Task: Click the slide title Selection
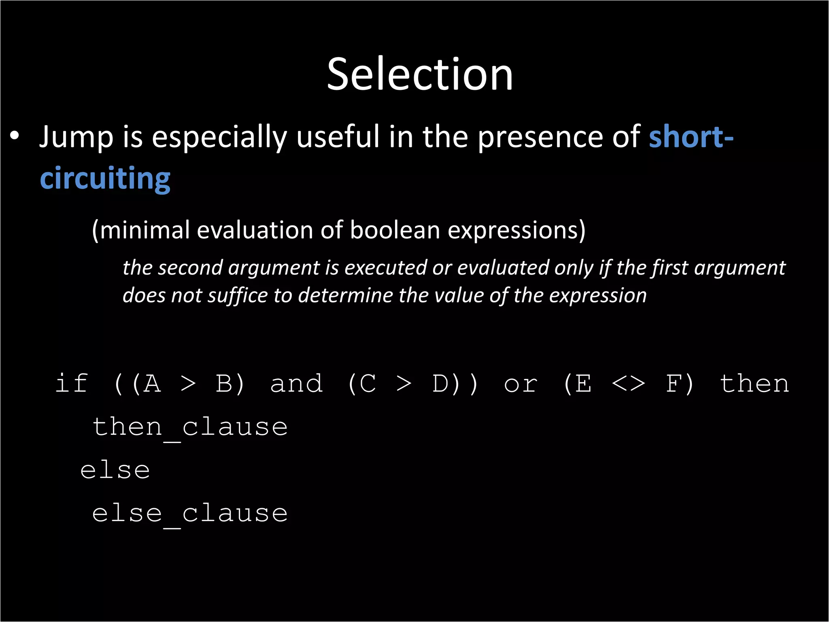[420, 75]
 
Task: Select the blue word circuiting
[105, 178]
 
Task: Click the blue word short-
[691, 137]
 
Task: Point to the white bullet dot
[15, 136]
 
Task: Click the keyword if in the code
[71, 383]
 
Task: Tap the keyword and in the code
[296, 383]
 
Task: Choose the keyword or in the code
[521, 383]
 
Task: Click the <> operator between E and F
[628, 383]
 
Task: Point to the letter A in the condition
[152, 383]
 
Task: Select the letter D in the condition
[440, 383]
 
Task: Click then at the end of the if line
[755, 383]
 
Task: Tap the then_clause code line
[190, 428]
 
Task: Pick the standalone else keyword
[115, 471]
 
